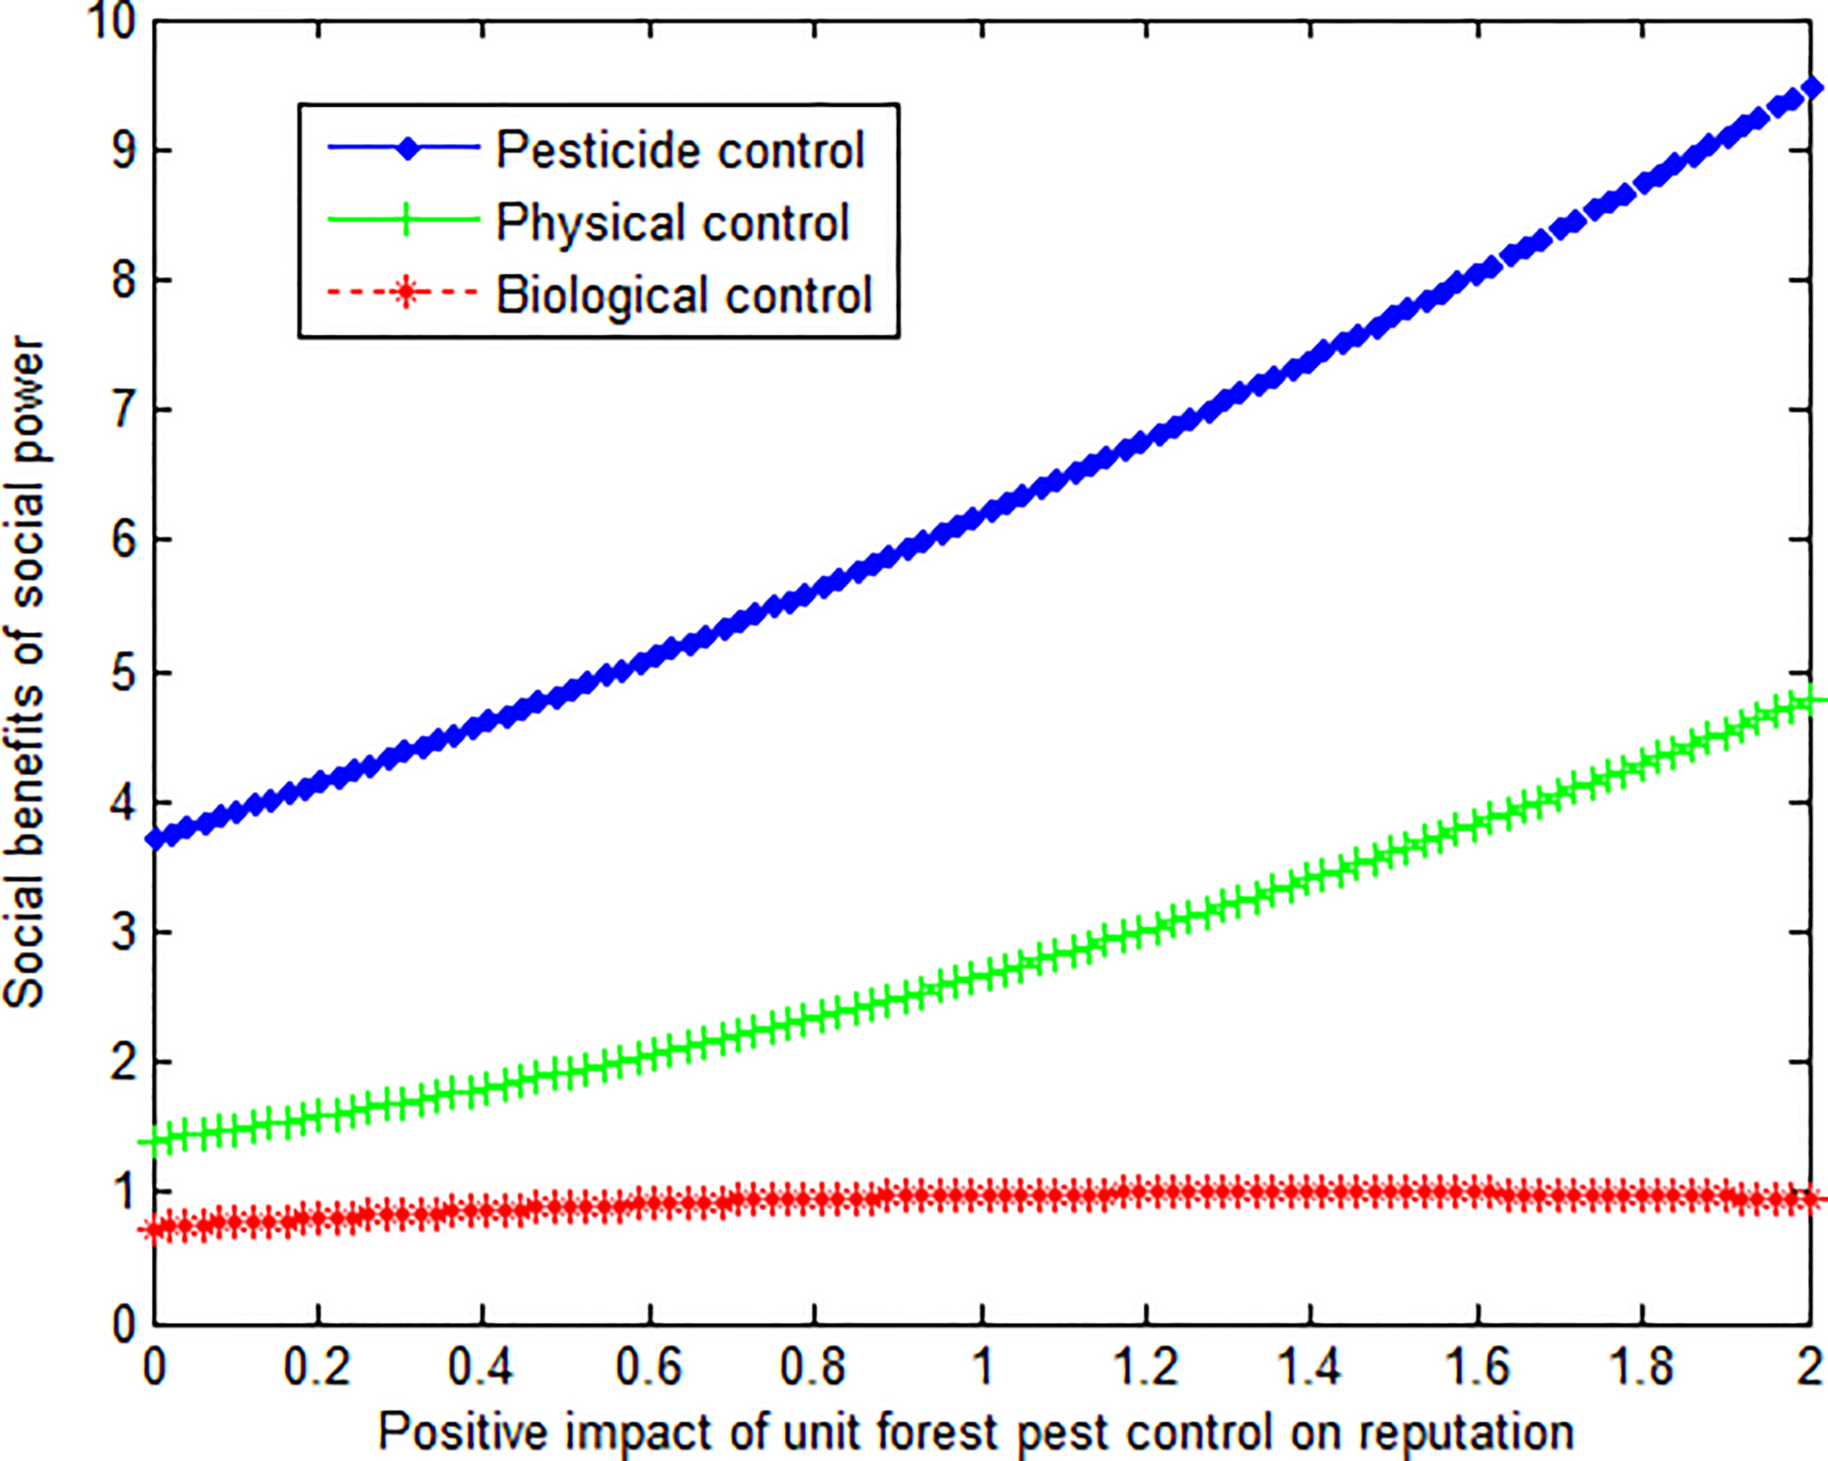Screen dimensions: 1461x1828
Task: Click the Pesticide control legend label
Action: [x=680, y=151]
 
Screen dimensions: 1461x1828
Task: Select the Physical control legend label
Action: [x=672, y=223]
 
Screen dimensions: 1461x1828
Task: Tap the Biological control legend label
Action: [x=683, y=295]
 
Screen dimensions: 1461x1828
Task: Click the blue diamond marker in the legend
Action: [x=408, y=149]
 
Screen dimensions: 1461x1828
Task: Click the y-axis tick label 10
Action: [x=111, y=20]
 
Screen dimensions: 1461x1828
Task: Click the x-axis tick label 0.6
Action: [x=648, y=1367]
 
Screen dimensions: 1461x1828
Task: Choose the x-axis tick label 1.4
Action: [x=1310, y=1367]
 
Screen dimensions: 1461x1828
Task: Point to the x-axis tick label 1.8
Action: [x=1641, y=1367]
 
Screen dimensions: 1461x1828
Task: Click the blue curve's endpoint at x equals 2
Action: [x=1811, y=88]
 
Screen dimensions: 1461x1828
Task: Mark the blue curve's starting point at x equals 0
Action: [x=155, y=840]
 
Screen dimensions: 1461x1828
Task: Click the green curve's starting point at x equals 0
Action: [x=155, y=1141]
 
